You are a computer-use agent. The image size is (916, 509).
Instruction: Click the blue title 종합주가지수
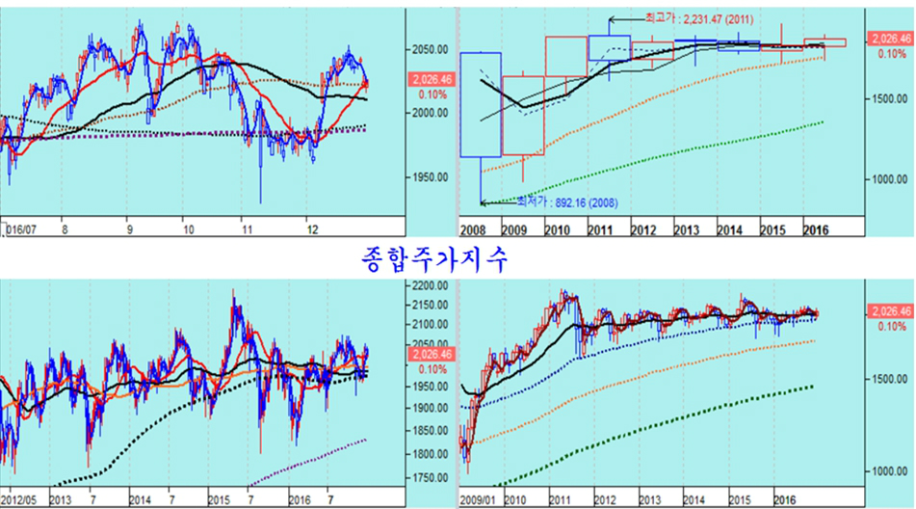pyautogui.click(x=432, y=257)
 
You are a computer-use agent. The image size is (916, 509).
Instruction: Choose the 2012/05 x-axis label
pyautogui.click(x=19, y=501)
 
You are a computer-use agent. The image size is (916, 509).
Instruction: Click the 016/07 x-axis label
pyautogui.click(x=21, y=229)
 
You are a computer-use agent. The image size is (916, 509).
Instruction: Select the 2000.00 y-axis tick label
pyautogui.click(x=428, y=113)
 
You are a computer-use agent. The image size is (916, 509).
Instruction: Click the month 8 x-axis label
pyautogui.click(x=64, y=229)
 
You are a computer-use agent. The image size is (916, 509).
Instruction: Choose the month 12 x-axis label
pyautogui.click(x=311, y=229)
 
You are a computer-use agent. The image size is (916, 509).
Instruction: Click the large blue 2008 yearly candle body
pyautogui.click(x=480, y=104)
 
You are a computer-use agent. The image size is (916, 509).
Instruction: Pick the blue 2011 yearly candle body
pyautogui.click(x=609, y=48)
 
